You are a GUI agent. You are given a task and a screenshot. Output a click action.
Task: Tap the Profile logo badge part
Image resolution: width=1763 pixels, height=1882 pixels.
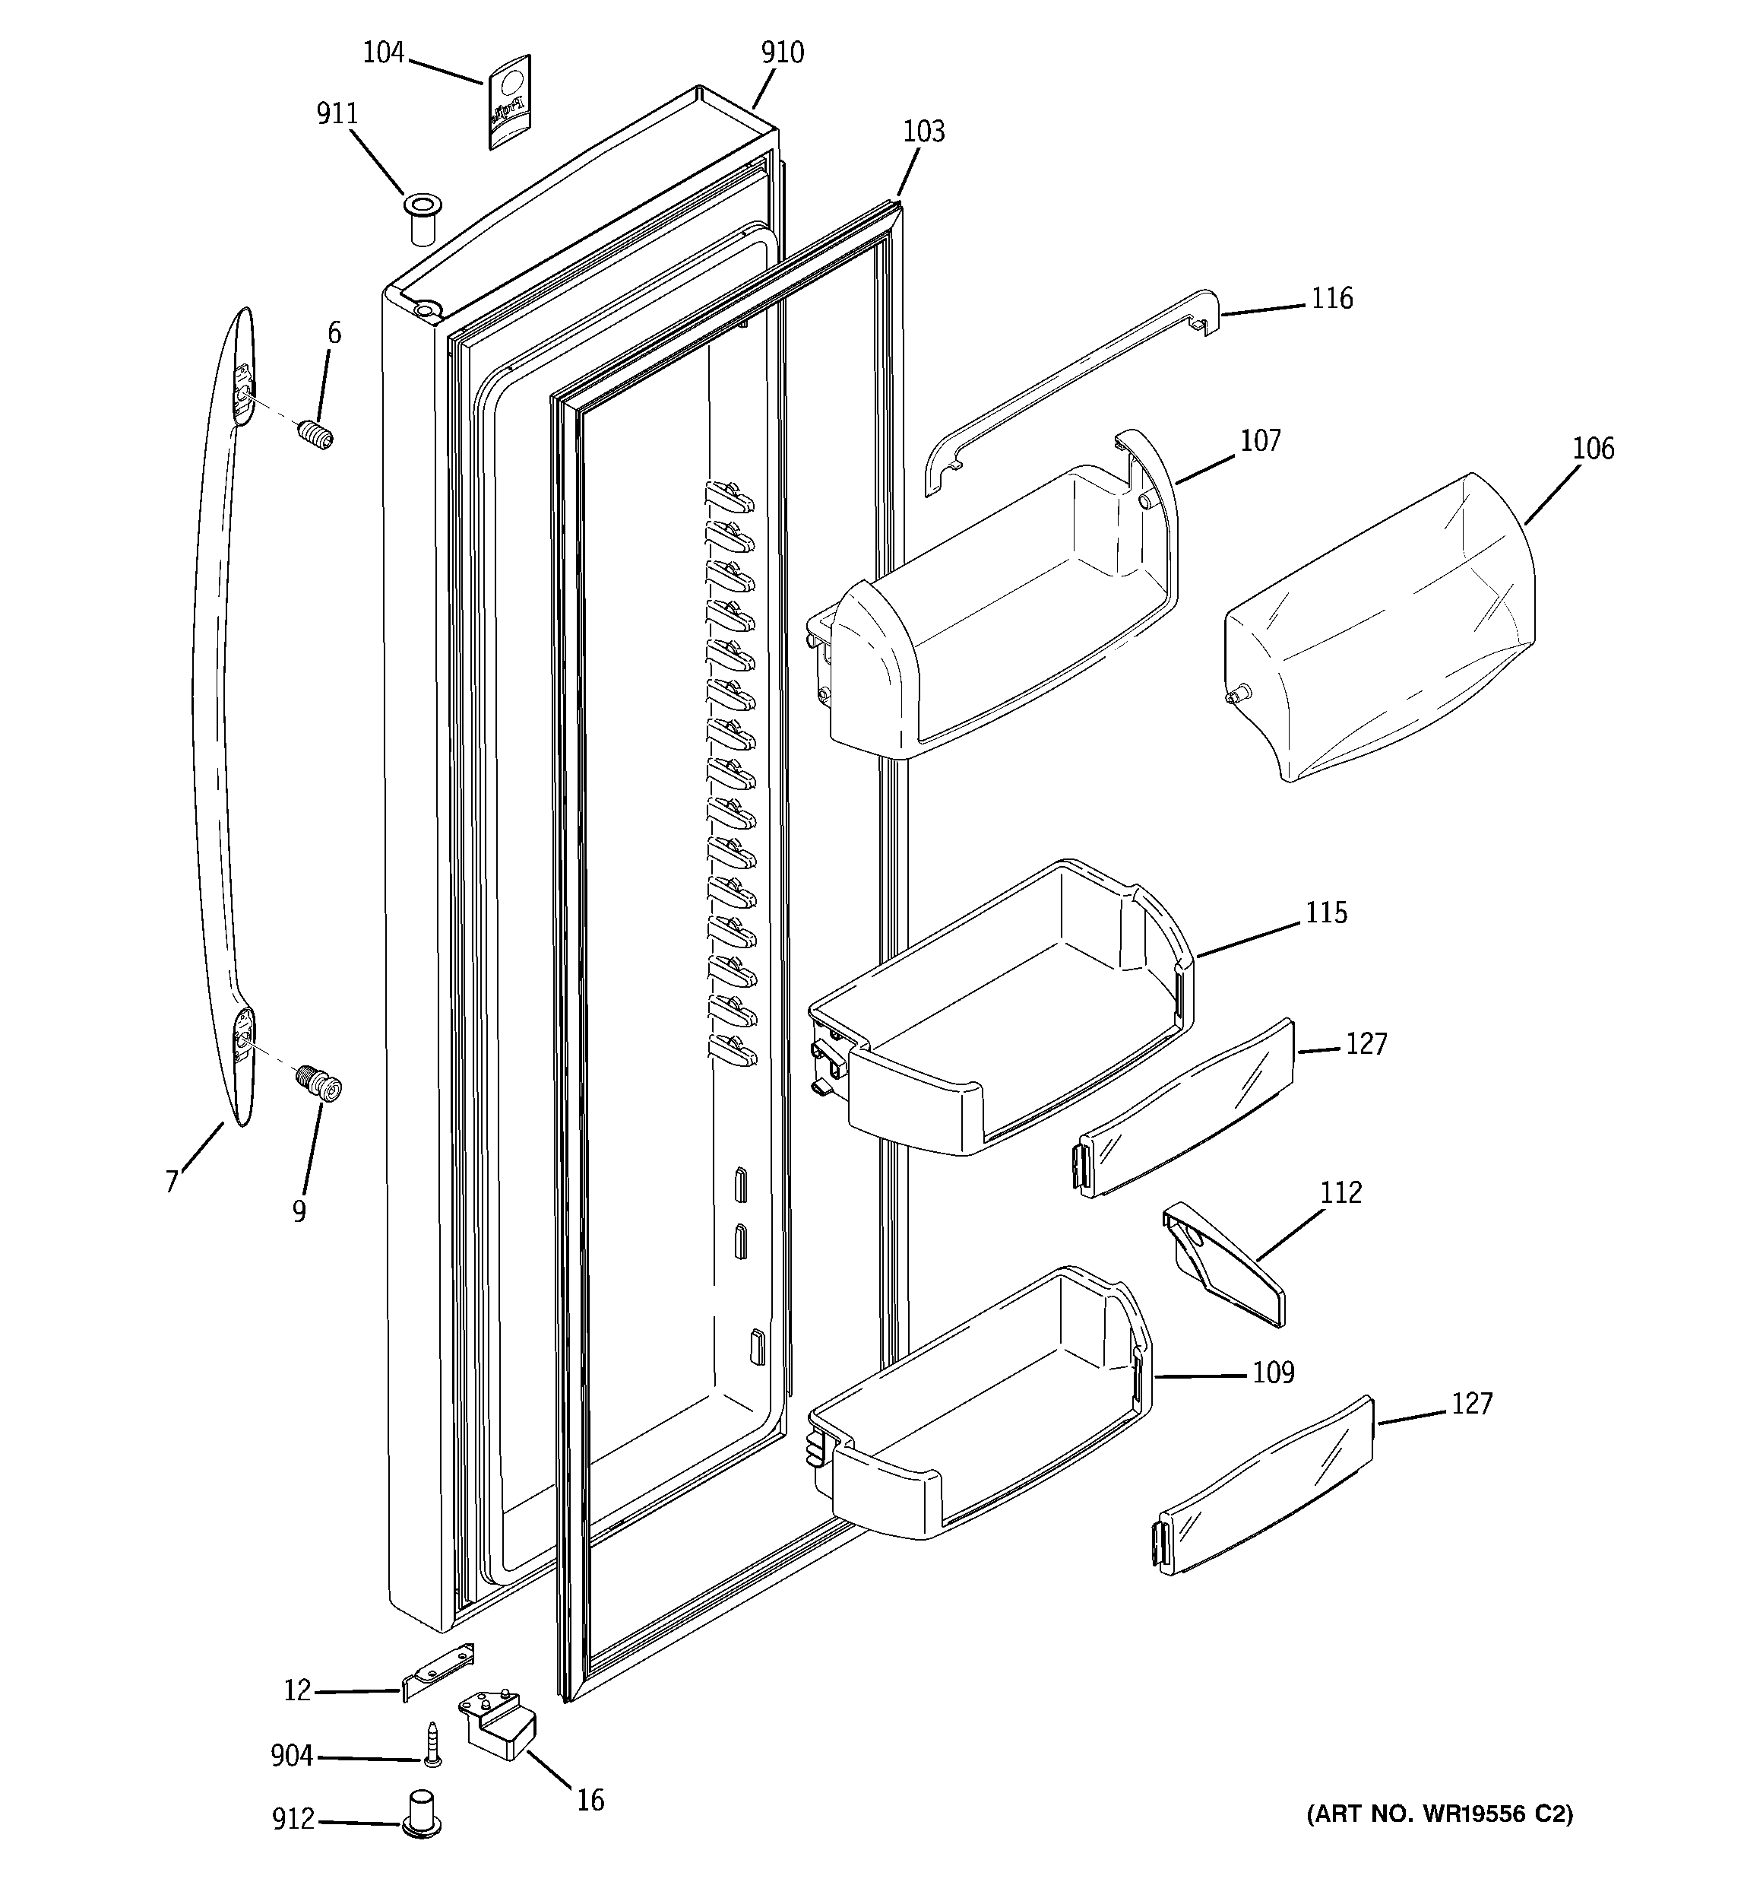[509, 101]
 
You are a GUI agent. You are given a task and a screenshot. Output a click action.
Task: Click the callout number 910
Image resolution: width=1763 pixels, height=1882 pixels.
[782, 53]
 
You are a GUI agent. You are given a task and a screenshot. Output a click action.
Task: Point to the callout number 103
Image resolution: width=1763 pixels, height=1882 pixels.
[923, 131]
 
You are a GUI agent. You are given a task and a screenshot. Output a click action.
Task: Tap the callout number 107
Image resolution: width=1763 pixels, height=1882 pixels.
[1261, 440]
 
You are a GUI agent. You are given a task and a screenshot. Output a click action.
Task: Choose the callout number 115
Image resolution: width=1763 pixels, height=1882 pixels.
[1326, 912]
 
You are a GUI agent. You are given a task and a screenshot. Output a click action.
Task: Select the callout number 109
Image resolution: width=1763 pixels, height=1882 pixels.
[1273, 1373]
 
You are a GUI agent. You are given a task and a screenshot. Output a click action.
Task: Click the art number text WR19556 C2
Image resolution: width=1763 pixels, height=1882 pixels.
[1439, 1815]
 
